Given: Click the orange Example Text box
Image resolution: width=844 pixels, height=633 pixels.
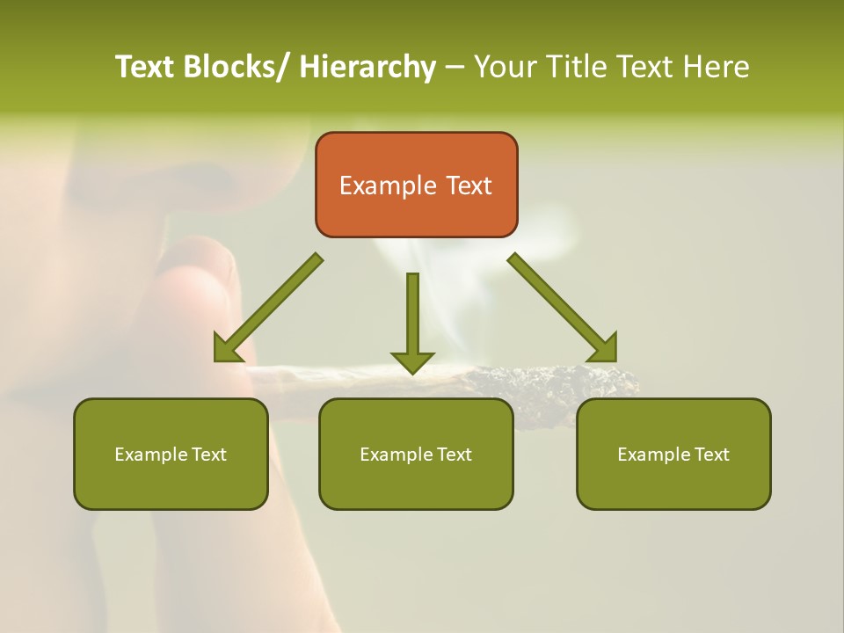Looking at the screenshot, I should pos(416,185).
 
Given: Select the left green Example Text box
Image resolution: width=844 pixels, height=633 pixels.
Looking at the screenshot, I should pos(171,455).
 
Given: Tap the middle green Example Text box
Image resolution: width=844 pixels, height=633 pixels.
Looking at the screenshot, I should pos(416,455).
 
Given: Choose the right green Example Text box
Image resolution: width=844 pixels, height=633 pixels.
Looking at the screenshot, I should pos(673,455).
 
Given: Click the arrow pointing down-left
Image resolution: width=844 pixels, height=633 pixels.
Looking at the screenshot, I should pos(268,308).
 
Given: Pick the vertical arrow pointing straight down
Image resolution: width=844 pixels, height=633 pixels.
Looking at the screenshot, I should pos(412,321).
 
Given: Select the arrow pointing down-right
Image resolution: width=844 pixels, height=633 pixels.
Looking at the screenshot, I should pos(563,308).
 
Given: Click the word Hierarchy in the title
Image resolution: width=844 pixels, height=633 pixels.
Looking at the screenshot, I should pos(367,67).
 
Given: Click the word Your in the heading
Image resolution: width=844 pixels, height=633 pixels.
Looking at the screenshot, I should pos(504,67).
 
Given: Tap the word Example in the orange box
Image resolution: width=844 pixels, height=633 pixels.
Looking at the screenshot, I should pos(388,186).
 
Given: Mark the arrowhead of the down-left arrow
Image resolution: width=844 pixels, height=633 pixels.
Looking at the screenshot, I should pos(229,348).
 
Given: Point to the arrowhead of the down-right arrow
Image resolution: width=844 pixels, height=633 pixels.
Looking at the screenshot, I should pos(603,348).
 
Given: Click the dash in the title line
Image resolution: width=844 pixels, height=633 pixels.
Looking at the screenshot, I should pos(455,67).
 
